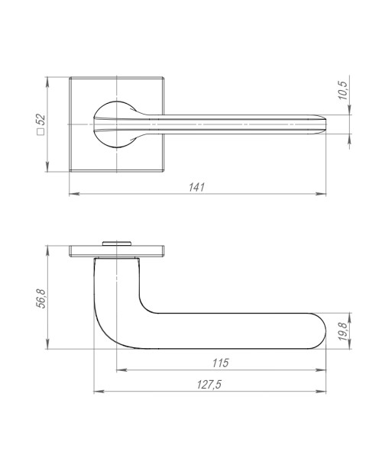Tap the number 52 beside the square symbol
pyautogui.click(x=41, y=122)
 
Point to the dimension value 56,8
pyautogui.click(x=43, y=297)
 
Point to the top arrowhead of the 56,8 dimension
pyautogui.click(x=50, y=247)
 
